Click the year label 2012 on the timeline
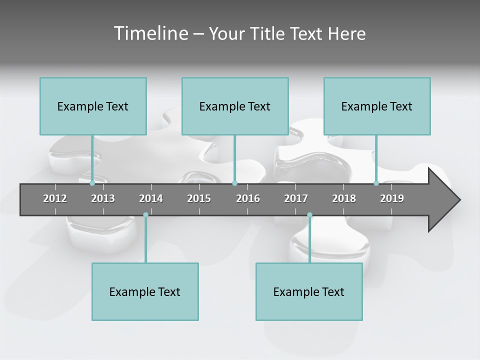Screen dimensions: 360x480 pyautogui.click(x=55, y=198)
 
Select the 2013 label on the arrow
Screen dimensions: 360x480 pyautogui.click(x=103, y=198)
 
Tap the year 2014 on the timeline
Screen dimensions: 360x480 pyautogui.click(x=151, y=198)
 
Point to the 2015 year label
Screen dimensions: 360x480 pyautogui.click(x=199, y=198)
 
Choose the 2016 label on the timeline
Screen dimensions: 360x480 pyautogui.click(x=248, y=198)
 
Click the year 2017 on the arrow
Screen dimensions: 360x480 pyautogui.click(x=296, y=198)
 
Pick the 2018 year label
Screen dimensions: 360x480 pyautogui.click(x=344, y=198)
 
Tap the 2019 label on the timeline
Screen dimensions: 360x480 pyautogui.click(x=392, y=198)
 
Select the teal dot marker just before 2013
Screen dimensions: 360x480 pyautogui.click(x=92, y=183)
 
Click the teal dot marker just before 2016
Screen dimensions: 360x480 pyautogui.click(x=234, y=183)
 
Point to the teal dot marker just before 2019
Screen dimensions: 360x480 pyautogui.click(x=376, y=183)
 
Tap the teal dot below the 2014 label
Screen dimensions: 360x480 pyautogui.click(x=145, y=215)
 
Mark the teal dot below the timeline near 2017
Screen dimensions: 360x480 pyautogui.click(x=309, y=215)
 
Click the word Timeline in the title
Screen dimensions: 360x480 pyautogui.click(x=150, y=33)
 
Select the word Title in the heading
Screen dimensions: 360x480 pyautogui.click(x=267, y=34)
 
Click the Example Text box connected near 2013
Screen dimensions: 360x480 pyautogui.click(x=93, y=106)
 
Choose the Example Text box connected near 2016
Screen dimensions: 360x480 pyautogui.click(x=235, y=106)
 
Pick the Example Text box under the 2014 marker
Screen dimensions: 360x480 pyautogui.click(x=145, y=291)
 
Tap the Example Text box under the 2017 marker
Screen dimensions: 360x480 pyautogui.click(x=309, y=291)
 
